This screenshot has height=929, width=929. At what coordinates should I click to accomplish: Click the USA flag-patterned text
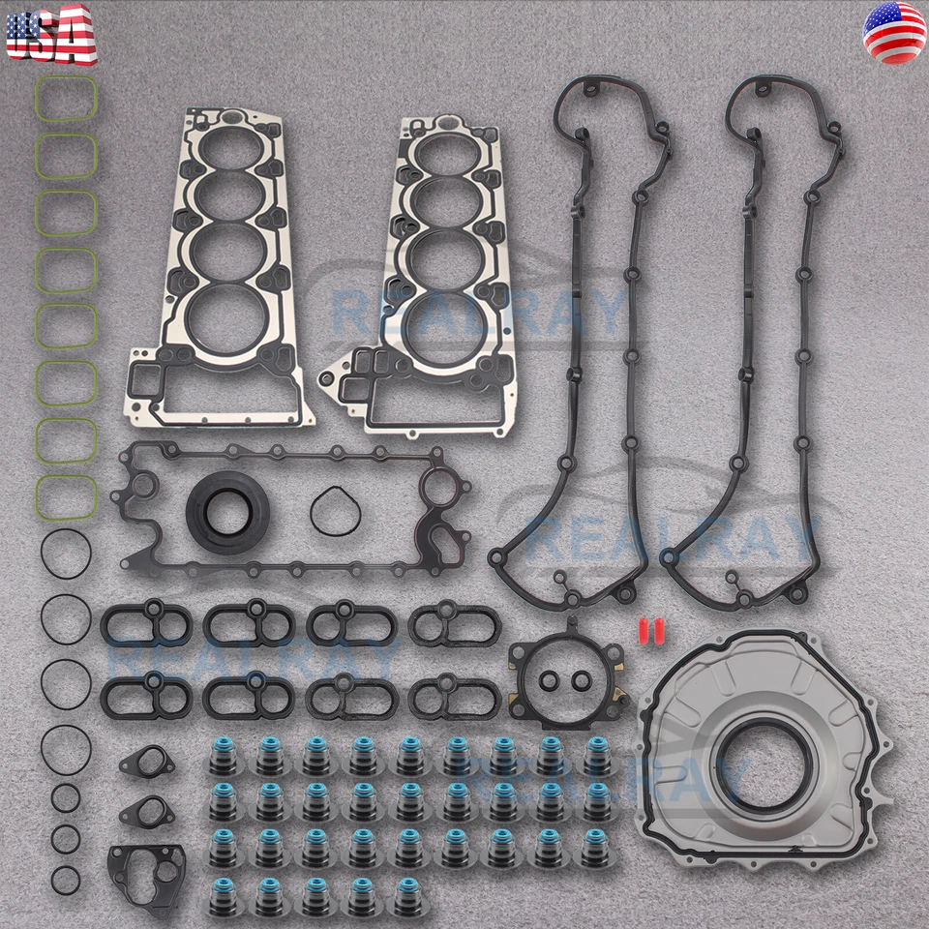click(x=50, y=34)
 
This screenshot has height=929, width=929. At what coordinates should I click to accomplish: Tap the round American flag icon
click(x=893, y=34)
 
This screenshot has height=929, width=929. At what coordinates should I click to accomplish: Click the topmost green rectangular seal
click(x=66, y=99)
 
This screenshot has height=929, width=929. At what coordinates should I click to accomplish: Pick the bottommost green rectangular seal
click(x=66, y=495)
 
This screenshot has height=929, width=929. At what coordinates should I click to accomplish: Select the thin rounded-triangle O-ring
click(x=337, y=508)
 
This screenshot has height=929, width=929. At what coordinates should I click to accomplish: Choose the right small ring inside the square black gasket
click(x=581, y=681)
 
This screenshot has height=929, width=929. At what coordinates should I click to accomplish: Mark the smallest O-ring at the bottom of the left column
click(x=66, y=880)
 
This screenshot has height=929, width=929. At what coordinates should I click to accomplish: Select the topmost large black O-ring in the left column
click(x=66, y=552)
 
